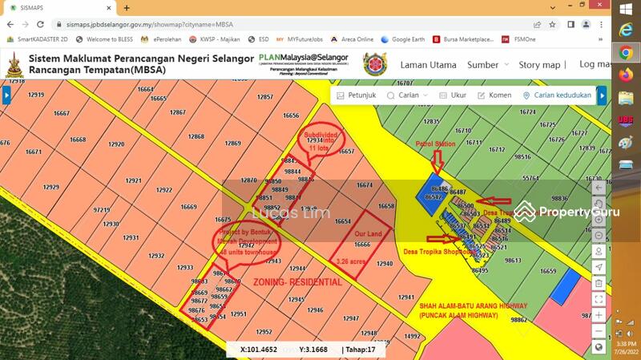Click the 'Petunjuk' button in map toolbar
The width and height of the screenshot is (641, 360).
(357, 95)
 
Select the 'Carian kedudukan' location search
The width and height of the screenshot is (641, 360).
(558, 95)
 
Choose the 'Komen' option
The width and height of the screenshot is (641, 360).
(494, 95)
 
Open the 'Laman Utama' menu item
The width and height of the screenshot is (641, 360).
(428, 65)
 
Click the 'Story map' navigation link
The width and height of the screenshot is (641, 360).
(539, 65)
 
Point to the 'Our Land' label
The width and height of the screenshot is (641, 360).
(369, 233)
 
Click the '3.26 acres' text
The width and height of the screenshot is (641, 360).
(353, 261)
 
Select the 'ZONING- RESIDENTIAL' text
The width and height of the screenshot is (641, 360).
(297, 282)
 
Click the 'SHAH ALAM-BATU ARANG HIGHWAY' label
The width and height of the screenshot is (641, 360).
(474, 305)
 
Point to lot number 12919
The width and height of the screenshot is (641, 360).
(36, 95)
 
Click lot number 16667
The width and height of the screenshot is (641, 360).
(62, 113)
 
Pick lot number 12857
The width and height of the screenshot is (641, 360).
(265, 97)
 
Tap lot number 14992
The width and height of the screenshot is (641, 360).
(412, 337)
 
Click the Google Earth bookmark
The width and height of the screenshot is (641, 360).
(402, 38)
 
